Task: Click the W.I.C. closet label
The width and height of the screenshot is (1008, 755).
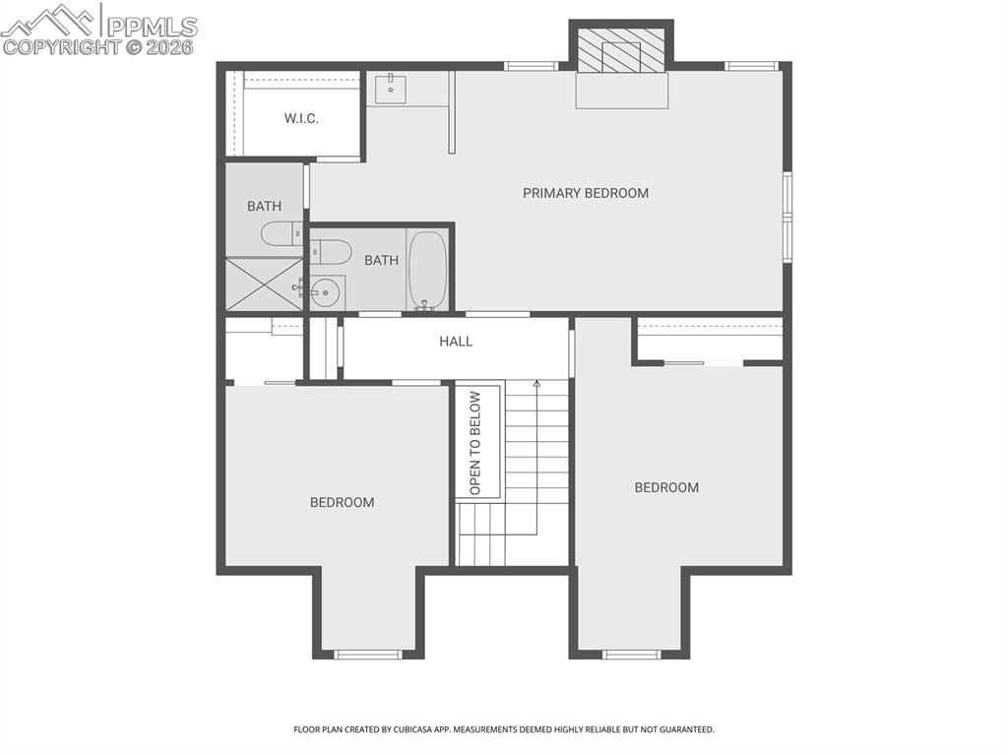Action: coord(301,119)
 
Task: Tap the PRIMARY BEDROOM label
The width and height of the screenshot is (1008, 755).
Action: coord(585,193)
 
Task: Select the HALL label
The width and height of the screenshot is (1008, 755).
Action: coord(456,342)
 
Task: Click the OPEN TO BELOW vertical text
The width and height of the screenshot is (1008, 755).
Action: coord(476,443)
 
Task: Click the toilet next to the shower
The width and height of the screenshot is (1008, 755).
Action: coord(282,233)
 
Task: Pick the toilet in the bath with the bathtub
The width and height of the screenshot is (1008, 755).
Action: coord(331,252)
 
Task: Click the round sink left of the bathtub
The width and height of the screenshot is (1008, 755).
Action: coord(326,291)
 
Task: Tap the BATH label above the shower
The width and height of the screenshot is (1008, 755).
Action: coord(264,206)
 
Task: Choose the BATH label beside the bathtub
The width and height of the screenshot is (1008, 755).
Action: coord(381,261)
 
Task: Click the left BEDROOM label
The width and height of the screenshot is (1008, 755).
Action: coord(342,502)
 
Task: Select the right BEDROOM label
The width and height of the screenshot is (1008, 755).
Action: coord(666,487)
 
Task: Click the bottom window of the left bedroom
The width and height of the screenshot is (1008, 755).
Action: coord(368,654)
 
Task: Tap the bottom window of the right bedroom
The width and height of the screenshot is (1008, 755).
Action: coord(631,654)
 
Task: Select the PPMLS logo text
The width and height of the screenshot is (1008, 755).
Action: coord(152,26)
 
